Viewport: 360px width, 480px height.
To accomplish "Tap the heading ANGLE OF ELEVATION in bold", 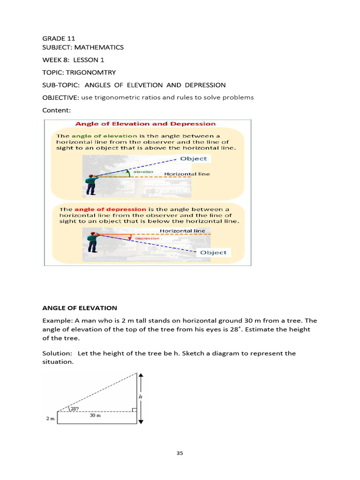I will click(x=80, y=308).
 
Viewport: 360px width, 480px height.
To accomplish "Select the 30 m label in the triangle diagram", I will click(x=95, y=414).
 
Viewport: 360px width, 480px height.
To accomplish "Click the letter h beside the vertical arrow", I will click(x=140, y=397).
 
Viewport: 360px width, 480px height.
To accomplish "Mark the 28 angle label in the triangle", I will click(x=75, y=409).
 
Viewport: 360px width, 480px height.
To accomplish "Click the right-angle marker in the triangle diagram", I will click(x=135, y=410).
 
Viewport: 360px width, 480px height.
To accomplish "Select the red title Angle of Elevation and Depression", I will click(x=145, y=124).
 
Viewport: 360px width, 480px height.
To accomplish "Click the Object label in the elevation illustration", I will click(x=193, y=158).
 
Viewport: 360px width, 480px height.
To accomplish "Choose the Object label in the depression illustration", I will click(x=213, y=252).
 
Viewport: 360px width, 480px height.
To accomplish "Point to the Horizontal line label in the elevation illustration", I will click(x=187, y=174).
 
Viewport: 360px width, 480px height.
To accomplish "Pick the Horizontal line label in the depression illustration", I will click(x=182, y=231).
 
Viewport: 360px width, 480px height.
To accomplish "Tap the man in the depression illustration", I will click(x=92, y=242).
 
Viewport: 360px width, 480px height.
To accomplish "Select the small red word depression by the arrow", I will click(x=147, y=239).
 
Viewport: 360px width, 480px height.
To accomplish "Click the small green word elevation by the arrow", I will click(x=143, y=172).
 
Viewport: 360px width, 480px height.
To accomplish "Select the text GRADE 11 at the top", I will click(x=59, y=38).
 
